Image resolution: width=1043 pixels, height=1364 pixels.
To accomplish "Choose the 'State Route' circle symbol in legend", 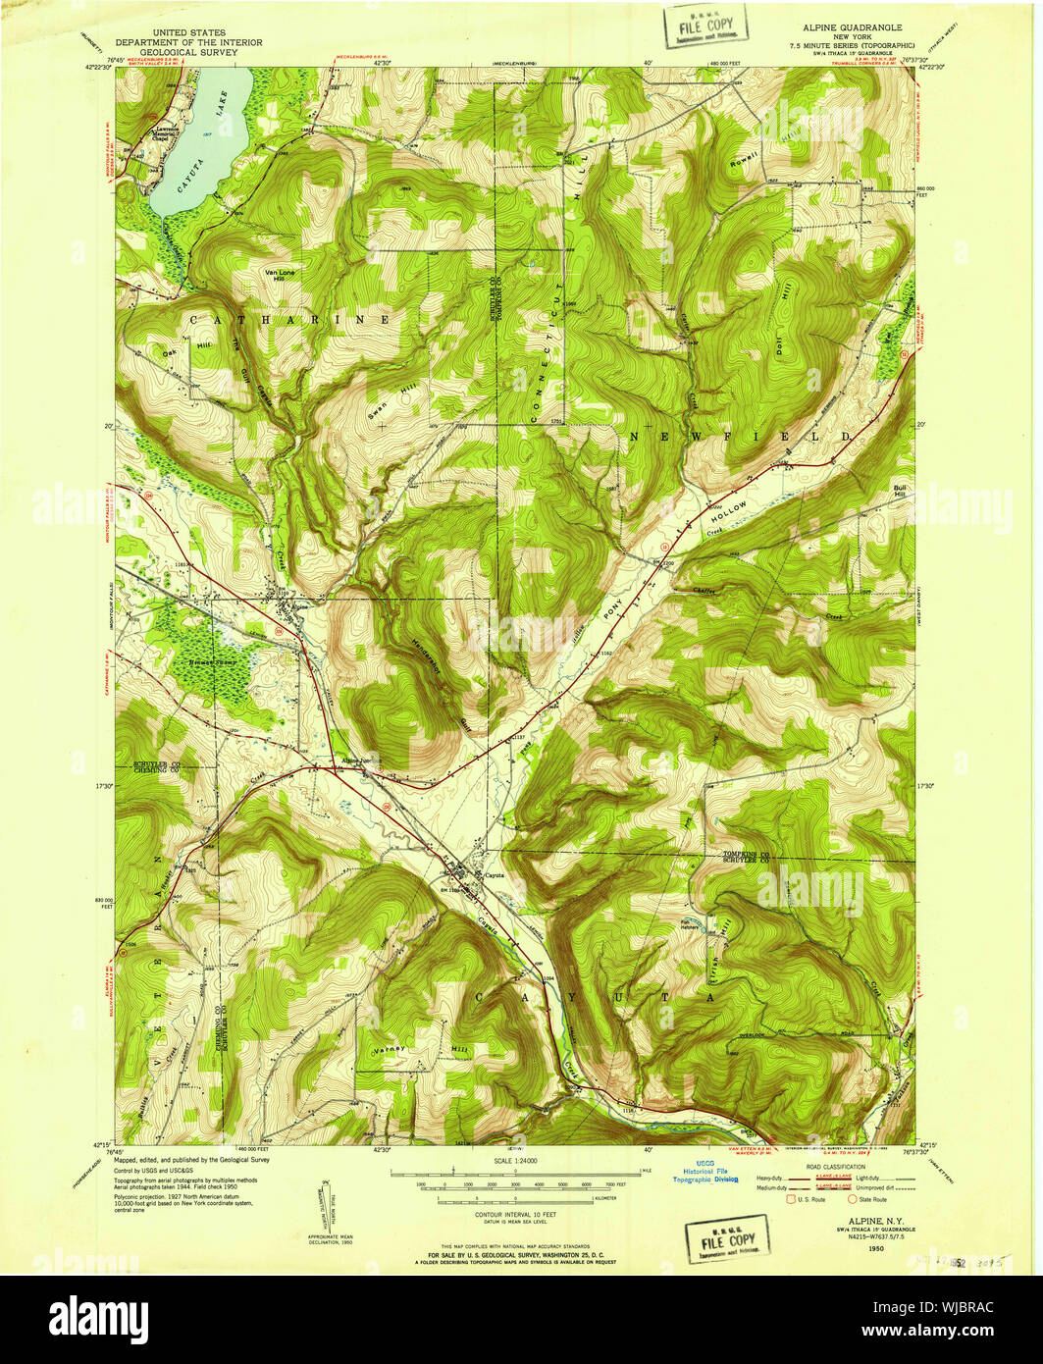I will [851, 1199].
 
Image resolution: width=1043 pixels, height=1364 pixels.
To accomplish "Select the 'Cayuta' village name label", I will [493, 874].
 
